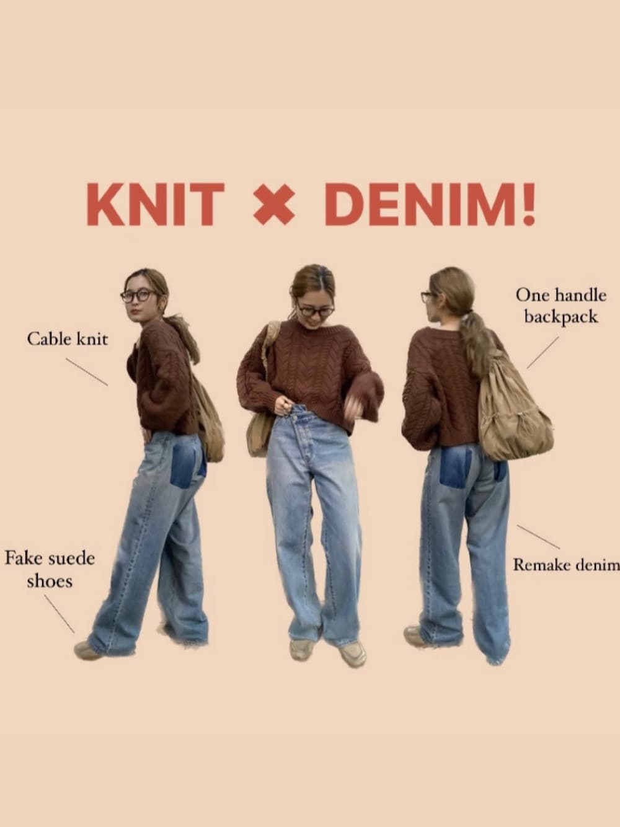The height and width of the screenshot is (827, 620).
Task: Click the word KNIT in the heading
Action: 156,205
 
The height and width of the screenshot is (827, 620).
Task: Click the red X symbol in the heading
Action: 273,205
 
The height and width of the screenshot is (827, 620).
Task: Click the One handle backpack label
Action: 561,306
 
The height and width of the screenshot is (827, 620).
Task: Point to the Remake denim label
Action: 567,565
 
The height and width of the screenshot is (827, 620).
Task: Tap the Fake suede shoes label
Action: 50,569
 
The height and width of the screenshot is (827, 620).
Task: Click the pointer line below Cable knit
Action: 87,372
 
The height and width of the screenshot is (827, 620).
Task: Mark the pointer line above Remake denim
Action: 538,537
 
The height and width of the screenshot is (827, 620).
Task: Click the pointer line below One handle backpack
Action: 542,353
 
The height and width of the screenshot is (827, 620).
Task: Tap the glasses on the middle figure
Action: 316,311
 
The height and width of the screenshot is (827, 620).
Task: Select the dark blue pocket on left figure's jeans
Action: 188,466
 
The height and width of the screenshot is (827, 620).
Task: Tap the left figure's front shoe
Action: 87,651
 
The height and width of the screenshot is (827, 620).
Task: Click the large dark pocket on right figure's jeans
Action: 456,467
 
